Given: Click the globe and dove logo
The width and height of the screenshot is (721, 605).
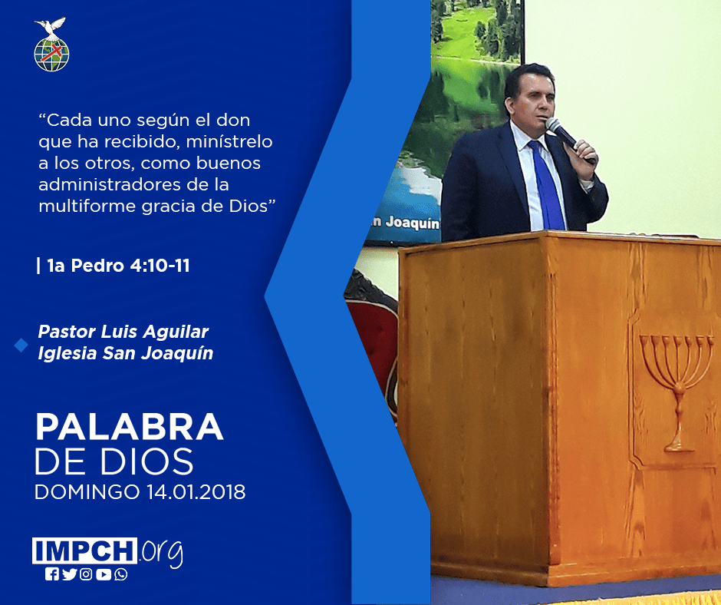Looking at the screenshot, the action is [x=51, y=45].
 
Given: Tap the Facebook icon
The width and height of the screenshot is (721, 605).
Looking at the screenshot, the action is [x=52, y=574].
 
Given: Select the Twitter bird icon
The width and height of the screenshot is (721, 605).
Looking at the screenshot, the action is [x=69, y=574].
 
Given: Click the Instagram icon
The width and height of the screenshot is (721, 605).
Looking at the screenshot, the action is [x=86, y=574].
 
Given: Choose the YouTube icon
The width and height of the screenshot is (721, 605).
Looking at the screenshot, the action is [x=104, y=574].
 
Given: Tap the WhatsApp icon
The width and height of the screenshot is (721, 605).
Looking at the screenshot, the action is [x=121, y=574].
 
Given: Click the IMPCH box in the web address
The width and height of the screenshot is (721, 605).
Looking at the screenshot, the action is [x=84, y=550].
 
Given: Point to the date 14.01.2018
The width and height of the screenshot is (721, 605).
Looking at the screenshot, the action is [x=196, y=491].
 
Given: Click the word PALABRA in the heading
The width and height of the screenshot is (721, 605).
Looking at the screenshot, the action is [x=129, y=427].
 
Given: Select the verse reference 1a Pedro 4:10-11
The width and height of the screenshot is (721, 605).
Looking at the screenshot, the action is [x=118, y=266].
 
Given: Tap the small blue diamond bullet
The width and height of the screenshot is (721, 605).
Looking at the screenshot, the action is [x=21, y=345].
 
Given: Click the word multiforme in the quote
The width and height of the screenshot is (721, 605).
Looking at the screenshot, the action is [x=87, y=206].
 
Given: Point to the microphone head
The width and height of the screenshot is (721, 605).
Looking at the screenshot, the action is [x=553, y=124].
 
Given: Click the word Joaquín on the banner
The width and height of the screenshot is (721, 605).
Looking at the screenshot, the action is [x=412, y=223].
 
